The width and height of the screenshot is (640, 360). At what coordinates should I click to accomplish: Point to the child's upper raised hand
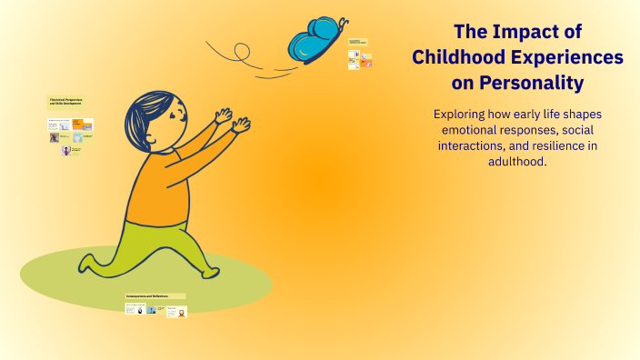coord(222,115)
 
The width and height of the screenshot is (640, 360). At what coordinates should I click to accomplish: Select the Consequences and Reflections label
coord(155,296)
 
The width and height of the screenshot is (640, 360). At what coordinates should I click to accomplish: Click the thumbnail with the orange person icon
coord(182,313)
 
